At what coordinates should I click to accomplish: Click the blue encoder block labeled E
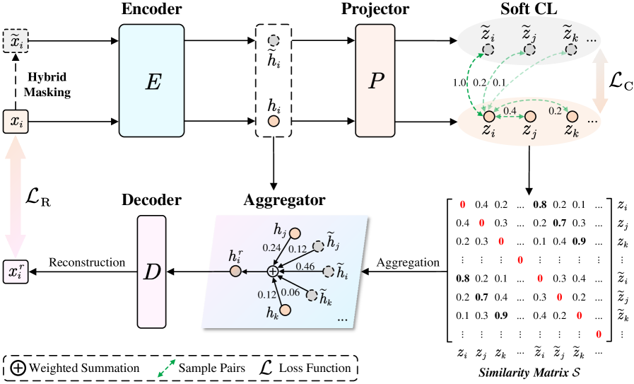(x=151, y=81)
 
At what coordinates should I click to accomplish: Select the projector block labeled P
(x=375, y=81)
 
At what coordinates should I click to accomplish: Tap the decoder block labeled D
(x=151, y=272)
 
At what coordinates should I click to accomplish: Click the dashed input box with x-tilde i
(x=16, y=42)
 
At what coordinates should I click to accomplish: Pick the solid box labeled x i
(x=16, y=122)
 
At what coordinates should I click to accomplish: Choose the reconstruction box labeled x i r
(x=16, y=272)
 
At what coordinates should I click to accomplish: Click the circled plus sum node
(x=273, y=271)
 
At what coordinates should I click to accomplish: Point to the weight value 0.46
(x=305, y=267)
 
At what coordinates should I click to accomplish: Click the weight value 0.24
(x=271, y=248)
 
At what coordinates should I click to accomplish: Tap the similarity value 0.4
(x=509, y=111)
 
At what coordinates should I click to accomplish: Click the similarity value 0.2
(x=555, y=111)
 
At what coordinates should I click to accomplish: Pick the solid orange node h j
(x=295, y=233)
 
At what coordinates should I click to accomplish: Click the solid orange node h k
(x=285, y=310)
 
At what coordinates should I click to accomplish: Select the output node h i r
(x=235, y=271)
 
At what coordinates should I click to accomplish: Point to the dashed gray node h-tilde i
(x=328, y=271)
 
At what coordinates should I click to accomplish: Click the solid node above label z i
(x=488, y=116)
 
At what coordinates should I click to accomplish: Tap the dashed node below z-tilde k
(x=571, y=50)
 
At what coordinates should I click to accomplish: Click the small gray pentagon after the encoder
(x=274, y=41)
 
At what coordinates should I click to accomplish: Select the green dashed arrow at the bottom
(x=166, y=368)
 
